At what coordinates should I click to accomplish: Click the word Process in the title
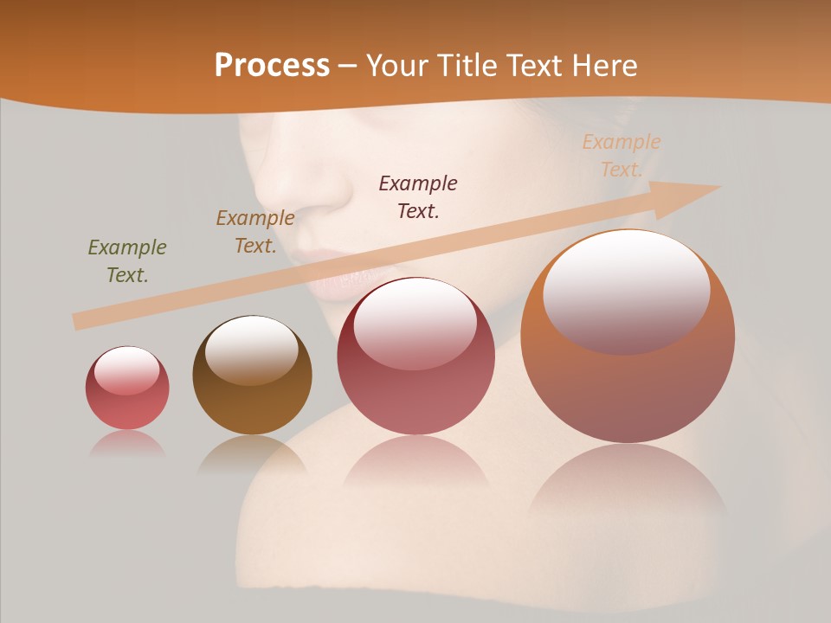[272, 65]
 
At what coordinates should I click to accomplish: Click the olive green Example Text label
[127, 260]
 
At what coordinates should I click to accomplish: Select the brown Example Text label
[255, 231]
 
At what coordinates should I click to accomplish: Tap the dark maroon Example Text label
[418, 196]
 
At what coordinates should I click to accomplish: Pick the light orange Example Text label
[622, 156]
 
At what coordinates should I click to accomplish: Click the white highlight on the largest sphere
[627, 290]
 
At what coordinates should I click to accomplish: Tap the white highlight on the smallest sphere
[127, 370]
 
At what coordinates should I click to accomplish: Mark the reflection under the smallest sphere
[127, 443]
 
